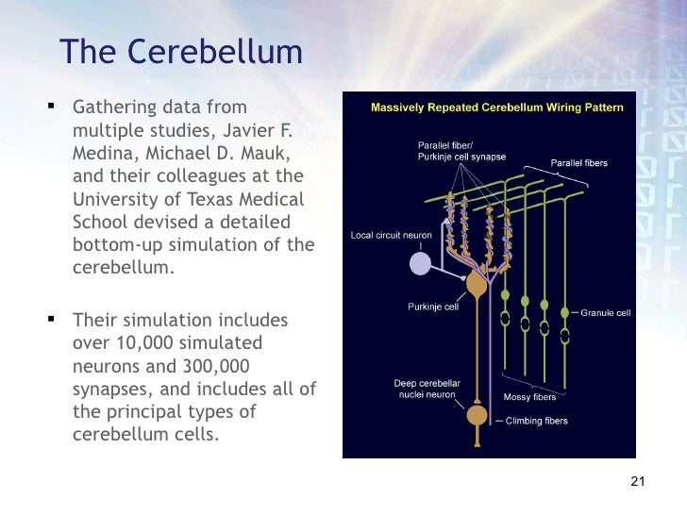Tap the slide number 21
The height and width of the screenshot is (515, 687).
pyautogui.click(x=636, y=483)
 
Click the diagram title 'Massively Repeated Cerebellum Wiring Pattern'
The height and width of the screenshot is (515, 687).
pyautogui.click(x=496, y=108)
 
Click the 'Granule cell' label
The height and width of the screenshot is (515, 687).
pyautogui.click(x=605, y=312)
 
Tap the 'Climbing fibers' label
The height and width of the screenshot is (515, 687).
pyautogui.click(x=537, y=421)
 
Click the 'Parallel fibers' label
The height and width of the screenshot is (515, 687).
pyautogui.click(x=579, y=163)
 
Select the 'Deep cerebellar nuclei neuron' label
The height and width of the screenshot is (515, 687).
pyautogui.click(x=427, y=389)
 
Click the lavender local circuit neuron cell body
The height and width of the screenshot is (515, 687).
pyautogui.click(x=421, y=263)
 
